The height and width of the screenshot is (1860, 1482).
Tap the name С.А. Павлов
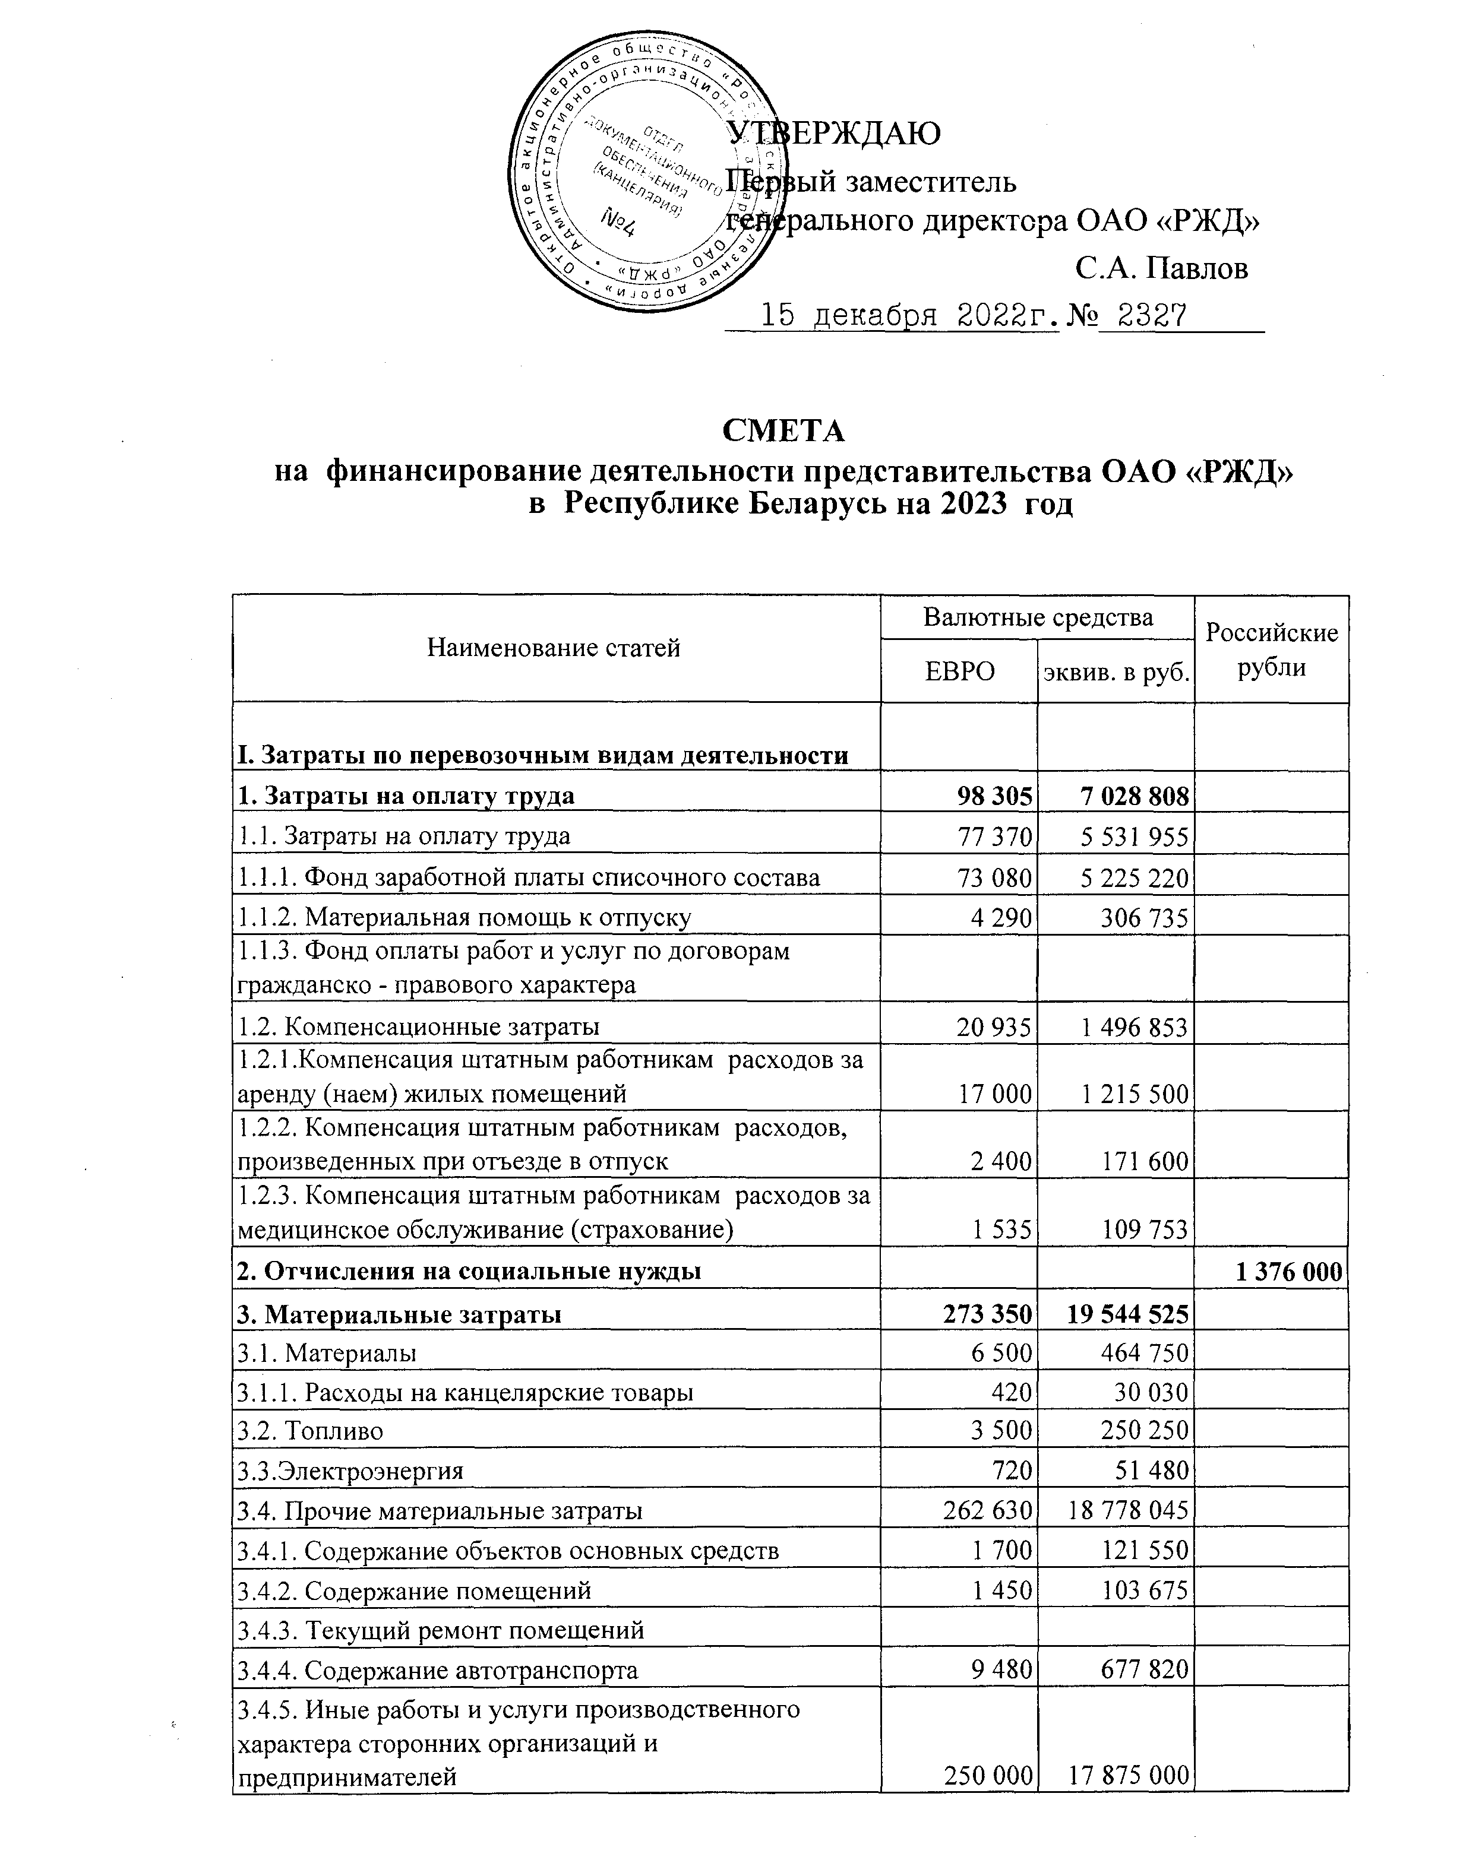[x=1161, y=268]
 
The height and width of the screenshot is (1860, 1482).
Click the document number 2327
[x=1151, y=316]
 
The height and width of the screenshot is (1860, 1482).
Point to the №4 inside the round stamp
[x=619, y=223]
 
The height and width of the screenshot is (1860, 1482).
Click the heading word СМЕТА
[x=783, y=430]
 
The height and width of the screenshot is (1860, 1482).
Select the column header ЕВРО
[x=959, y=671]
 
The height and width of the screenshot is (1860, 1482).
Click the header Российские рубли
[x=1271, y=649]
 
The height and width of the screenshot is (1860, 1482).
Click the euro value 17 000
[x=994, y=1094]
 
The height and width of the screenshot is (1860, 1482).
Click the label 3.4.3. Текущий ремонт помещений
[x=440, y=1630]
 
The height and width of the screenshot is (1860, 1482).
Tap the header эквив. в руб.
[x=1115, y=672]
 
